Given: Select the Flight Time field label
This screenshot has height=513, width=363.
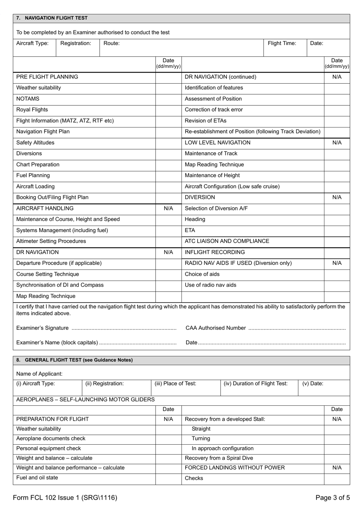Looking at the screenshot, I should pos(282,43).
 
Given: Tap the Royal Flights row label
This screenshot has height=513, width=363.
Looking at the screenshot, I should pos(32,110).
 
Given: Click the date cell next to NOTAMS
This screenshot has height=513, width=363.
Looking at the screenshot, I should pos(168,99).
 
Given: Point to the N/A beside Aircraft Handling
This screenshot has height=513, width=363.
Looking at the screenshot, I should pos(168,208).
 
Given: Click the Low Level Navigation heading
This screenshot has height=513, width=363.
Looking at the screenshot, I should pos(217,143).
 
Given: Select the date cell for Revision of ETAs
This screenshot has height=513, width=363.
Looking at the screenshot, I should pos(337,121).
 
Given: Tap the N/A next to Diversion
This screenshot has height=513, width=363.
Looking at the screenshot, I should pos(337,197).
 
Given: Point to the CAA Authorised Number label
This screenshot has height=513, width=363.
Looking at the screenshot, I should pos(216,328).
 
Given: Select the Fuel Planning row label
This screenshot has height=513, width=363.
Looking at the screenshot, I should pos(33,176).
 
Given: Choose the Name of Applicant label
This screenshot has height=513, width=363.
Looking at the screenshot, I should pos(39,374).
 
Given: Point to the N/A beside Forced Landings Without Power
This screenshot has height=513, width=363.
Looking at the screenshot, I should pos(337,468).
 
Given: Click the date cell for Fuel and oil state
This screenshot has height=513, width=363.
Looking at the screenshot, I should pos(168,478).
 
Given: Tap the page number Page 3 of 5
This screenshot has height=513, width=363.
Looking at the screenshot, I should pos(332,498).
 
